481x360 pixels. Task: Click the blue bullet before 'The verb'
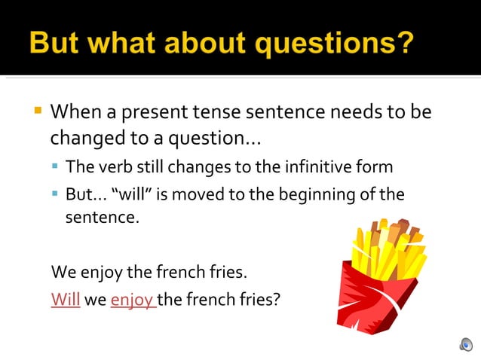tap(55, 166)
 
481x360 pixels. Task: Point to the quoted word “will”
tap(132, 194)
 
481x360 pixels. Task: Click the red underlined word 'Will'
tap(66, 299)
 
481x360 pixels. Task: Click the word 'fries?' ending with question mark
tap(258, 299)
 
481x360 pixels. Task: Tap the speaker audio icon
tap(465, 344)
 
